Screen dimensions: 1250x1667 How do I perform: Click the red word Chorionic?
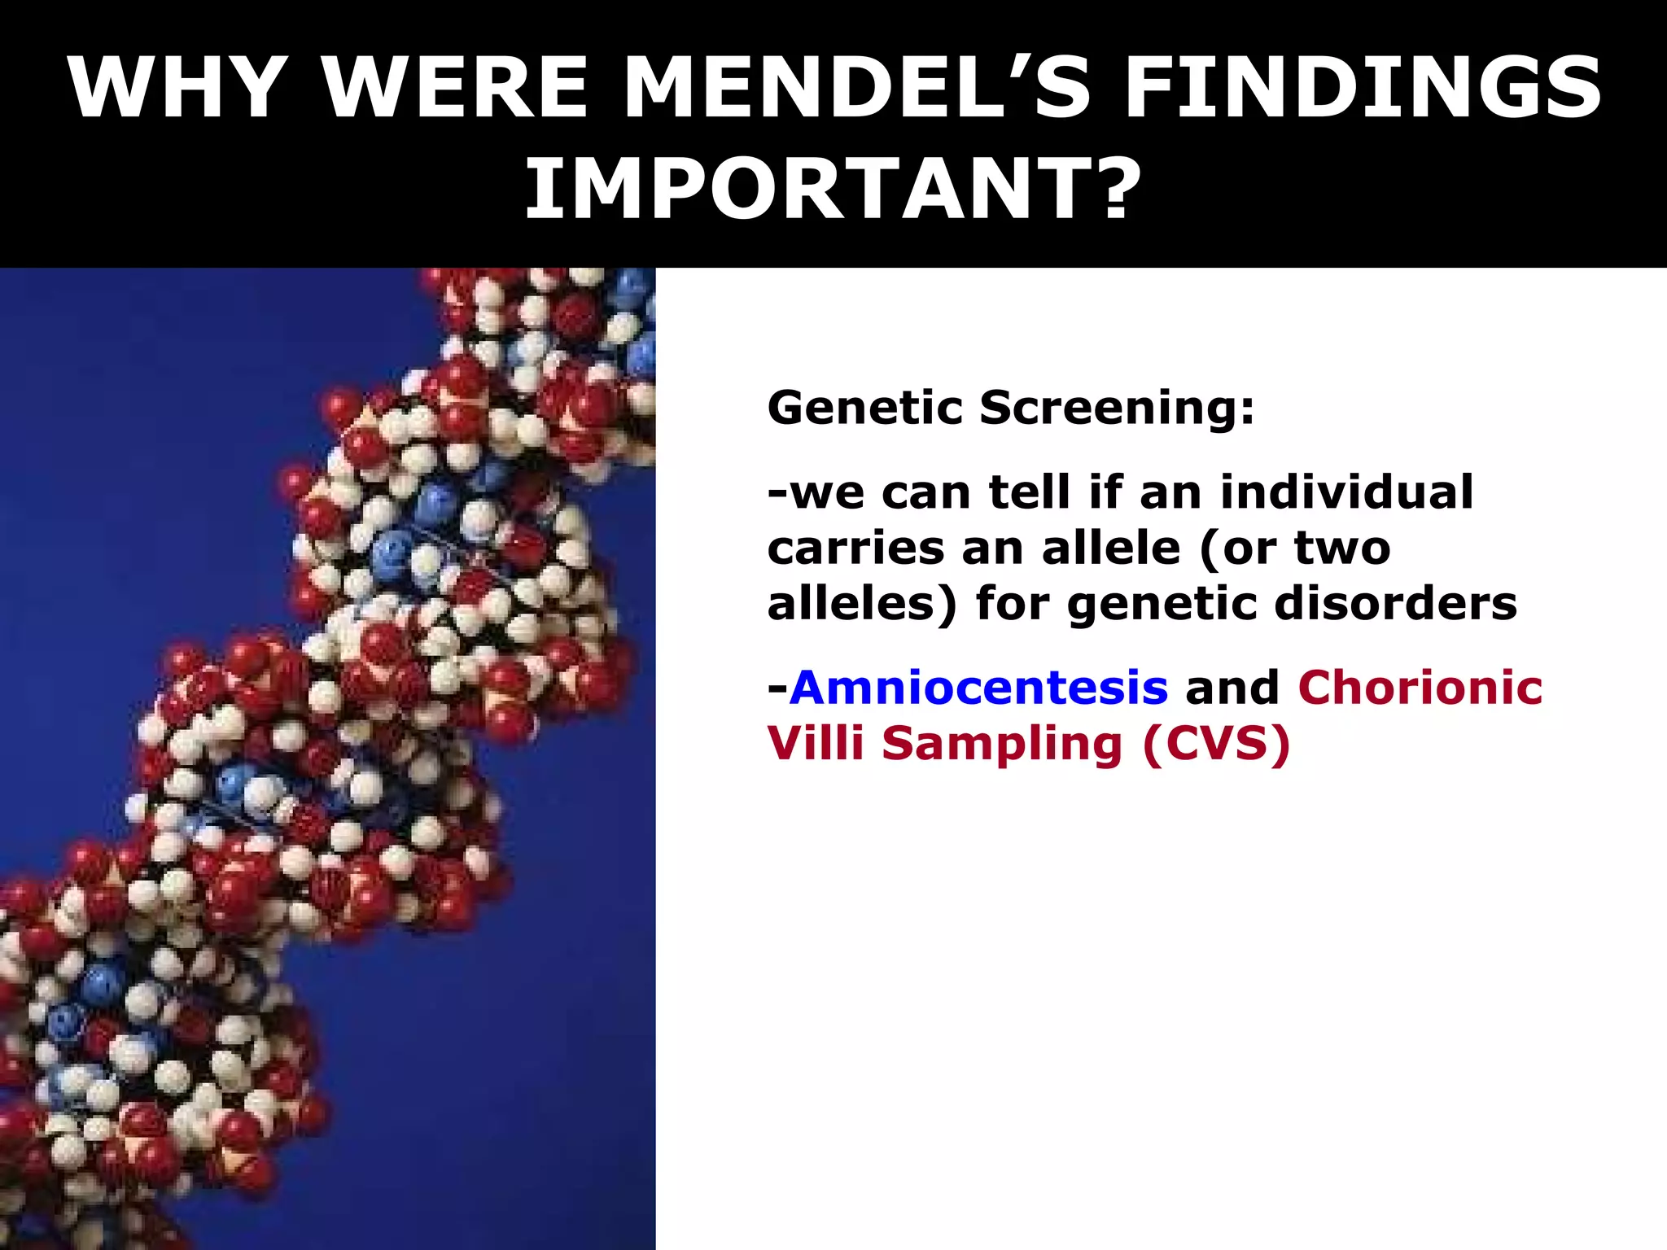pos(1420,687)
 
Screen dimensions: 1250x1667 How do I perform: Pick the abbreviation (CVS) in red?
pos(1216,744)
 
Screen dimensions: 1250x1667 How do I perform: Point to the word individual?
pos(1346,492)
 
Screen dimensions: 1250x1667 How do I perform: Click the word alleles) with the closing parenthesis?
pos(862,605)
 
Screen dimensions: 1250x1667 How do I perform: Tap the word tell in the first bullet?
pos(1029,492)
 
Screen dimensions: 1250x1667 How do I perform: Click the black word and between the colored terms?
pos(1232,688)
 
